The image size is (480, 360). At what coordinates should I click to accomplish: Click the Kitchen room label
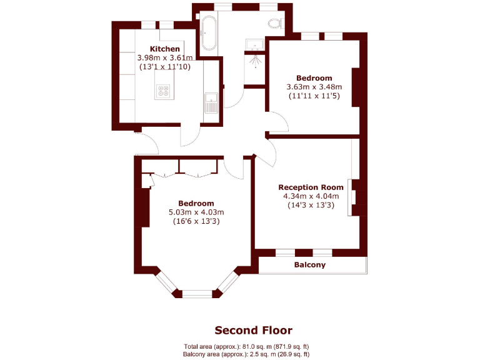tap(165, 49)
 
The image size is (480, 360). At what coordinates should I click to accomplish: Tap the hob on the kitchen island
tap(164, 92)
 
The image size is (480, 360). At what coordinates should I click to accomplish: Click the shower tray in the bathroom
tap(255, 63)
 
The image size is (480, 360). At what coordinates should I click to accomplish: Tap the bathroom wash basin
tap(255, 44)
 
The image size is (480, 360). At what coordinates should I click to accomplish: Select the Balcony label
tap(310, 265)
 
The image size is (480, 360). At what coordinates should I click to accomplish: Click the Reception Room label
tap(311, 187)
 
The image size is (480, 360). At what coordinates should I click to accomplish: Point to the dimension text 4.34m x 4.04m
tap(311, 196)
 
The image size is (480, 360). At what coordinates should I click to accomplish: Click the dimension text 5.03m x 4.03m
tap(196, 212)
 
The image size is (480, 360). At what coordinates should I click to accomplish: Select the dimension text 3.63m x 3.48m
tap(314, 87)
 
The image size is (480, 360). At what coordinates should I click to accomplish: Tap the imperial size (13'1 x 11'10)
tap(165, 66)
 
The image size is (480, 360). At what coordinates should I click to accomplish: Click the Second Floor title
tap(253, 330)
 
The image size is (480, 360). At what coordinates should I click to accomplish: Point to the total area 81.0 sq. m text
tap(246, 346)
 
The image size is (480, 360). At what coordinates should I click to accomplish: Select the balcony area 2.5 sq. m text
tap(246, 354)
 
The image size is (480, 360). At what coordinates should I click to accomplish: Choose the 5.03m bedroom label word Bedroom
tap(196, 203)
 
